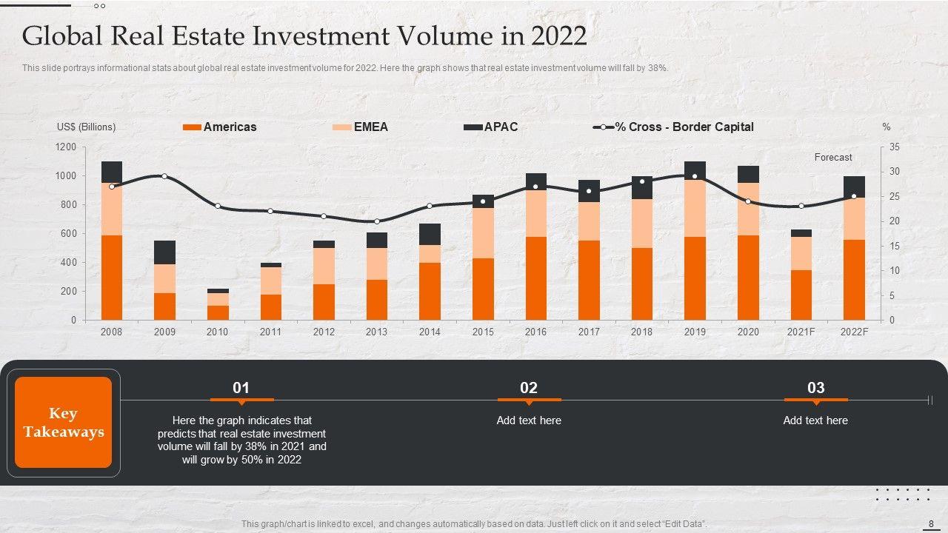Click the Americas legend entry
[220, 127]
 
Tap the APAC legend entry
[491, 127]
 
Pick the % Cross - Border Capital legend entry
[674, 127]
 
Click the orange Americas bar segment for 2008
[112, 278]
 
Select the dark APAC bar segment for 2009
[165, 252]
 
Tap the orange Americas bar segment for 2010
[218, 312]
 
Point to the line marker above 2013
[377, 221]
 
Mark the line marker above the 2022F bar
[854, 196]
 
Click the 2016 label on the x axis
[535, 332]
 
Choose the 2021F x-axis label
[801, 332]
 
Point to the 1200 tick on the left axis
[66, 147]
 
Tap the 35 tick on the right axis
[895, 147]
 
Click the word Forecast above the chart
[833, 158]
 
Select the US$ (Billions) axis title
[86, 127]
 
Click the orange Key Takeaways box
[63, 423]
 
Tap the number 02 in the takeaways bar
[529, 388]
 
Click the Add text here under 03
[815, 420]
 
